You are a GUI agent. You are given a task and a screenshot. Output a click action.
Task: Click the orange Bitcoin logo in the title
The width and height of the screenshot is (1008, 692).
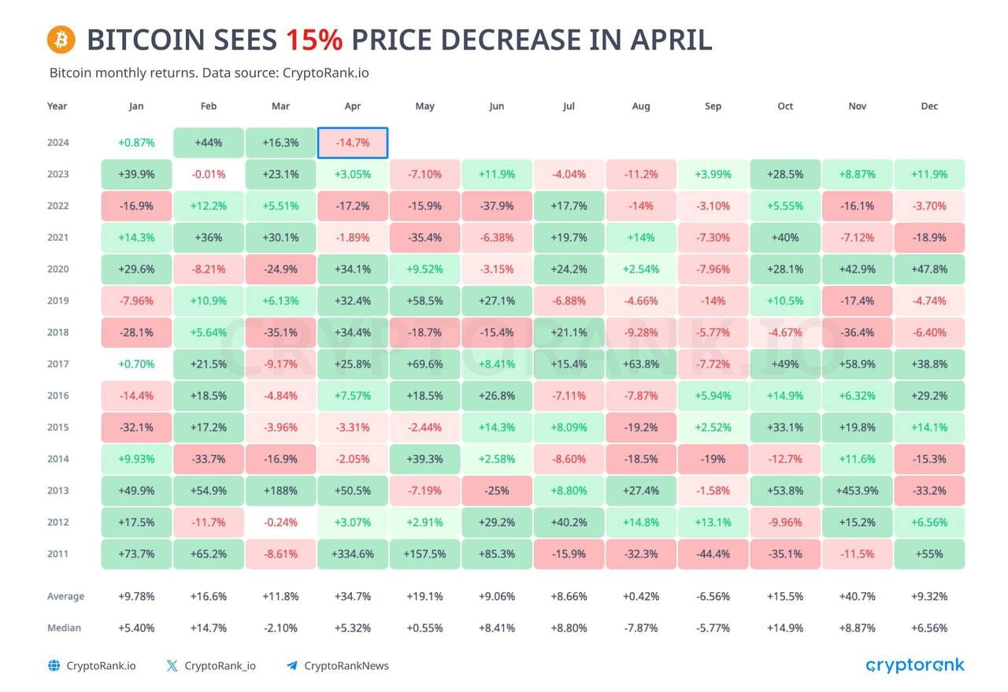point(61,39)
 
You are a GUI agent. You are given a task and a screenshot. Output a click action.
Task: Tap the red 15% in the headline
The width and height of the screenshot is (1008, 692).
point(314,39)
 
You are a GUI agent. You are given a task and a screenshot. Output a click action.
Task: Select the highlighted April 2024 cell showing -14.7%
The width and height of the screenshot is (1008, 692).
point(353,143)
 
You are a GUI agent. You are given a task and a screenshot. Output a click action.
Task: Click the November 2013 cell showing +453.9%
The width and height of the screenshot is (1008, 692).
point(857,490)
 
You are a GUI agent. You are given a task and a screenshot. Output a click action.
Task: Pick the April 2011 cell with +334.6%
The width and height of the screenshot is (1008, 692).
point(353,553)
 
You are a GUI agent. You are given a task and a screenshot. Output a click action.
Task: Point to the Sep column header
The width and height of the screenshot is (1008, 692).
point(713,106)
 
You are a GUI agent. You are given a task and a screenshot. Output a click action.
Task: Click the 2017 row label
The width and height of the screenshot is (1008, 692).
point(57,364)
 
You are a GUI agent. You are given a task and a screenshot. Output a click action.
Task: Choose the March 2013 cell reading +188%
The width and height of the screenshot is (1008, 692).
point(280,490)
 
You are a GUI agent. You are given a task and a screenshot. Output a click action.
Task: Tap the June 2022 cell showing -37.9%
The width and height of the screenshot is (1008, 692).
point(496,206)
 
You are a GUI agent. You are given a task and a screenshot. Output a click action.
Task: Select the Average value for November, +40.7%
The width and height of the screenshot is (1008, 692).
point(857,597)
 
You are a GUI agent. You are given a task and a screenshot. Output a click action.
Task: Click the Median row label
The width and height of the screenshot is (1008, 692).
point(64,628)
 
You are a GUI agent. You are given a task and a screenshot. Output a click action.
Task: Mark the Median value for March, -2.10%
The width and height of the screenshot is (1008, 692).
point(280,628)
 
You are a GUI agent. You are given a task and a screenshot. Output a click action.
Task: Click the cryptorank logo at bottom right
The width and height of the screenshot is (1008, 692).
point(914,665)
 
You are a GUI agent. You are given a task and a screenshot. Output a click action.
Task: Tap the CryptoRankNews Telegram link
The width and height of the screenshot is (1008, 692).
point(346,666)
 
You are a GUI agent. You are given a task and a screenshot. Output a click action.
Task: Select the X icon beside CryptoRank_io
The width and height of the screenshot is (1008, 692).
point(172,666)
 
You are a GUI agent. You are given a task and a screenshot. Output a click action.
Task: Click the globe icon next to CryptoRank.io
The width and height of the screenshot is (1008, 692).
point(54,666)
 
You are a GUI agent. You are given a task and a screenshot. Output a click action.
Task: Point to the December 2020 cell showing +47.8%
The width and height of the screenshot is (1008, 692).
point(928,269)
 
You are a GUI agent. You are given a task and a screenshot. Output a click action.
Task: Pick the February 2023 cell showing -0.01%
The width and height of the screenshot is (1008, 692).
point(208,175)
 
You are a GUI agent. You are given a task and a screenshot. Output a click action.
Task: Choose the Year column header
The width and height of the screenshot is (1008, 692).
point(57,106)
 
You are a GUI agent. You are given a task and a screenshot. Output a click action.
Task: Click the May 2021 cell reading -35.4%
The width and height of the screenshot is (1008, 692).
point(424,238)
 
